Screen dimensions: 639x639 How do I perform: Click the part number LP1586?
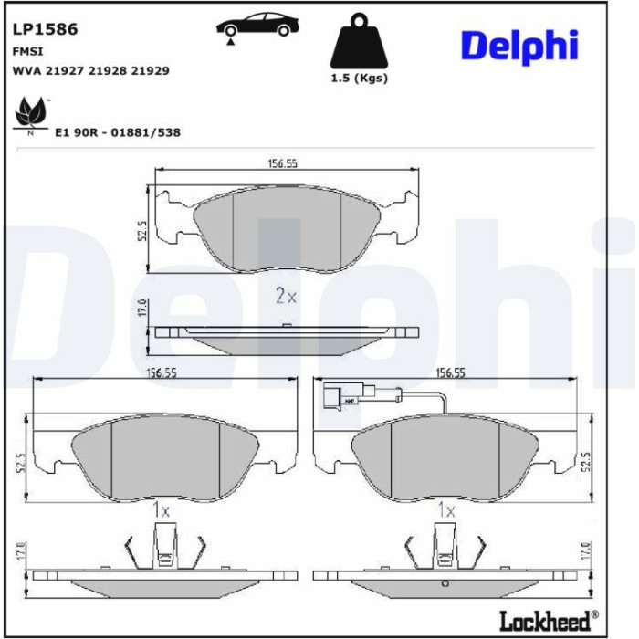tap(46, 29)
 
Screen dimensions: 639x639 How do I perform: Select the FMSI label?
tap(27, 51)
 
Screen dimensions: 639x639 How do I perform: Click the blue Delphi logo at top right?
tap(519, 46)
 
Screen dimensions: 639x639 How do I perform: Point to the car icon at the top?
tap(257, 26)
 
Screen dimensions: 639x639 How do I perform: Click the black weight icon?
tap(359, 41)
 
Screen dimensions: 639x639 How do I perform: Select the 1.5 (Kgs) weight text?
tap(359, 78)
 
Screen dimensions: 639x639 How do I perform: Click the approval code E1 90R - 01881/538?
tap(118, 132)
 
